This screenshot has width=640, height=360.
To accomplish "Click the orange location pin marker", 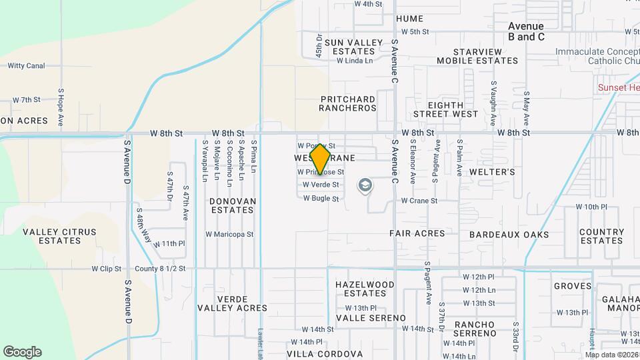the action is tap(321, 159).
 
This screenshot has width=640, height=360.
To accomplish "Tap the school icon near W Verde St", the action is tap(365, 185).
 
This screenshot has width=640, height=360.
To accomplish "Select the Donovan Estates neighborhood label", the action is tap(232, 205).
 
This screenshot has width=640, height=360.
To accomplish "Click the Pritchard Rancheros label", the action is tap(348, 104).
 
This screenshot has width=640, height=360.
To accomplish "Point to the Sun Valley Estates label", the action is tap(345, 47).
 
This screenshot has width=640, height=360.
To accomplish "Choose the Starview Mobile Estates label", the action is tap(477, 56).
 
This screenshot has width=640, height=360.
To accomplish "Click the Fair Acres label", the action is tap(417, 233).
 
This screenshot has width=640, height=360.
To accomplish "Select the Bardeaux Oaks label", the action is tap(509, 235).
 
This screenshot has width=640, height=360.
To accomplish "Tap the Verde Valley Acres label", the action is tap(232, 303).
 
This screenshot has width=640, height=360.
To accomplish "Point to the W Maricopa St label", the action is tap(229, 234).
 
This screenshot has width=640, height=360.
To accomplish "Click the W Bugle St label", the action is tap(321, 199).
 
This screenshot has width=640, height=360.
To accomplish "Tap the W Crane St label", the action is tap(419, 201).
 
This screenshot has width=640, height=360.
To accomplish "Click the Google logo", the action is tap(22, 352).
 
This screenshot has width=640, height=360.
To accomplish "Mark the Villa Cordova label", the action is tap(325, 353).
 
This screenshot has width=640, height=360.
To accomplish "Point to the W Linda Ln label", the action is tap(354, 61).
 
